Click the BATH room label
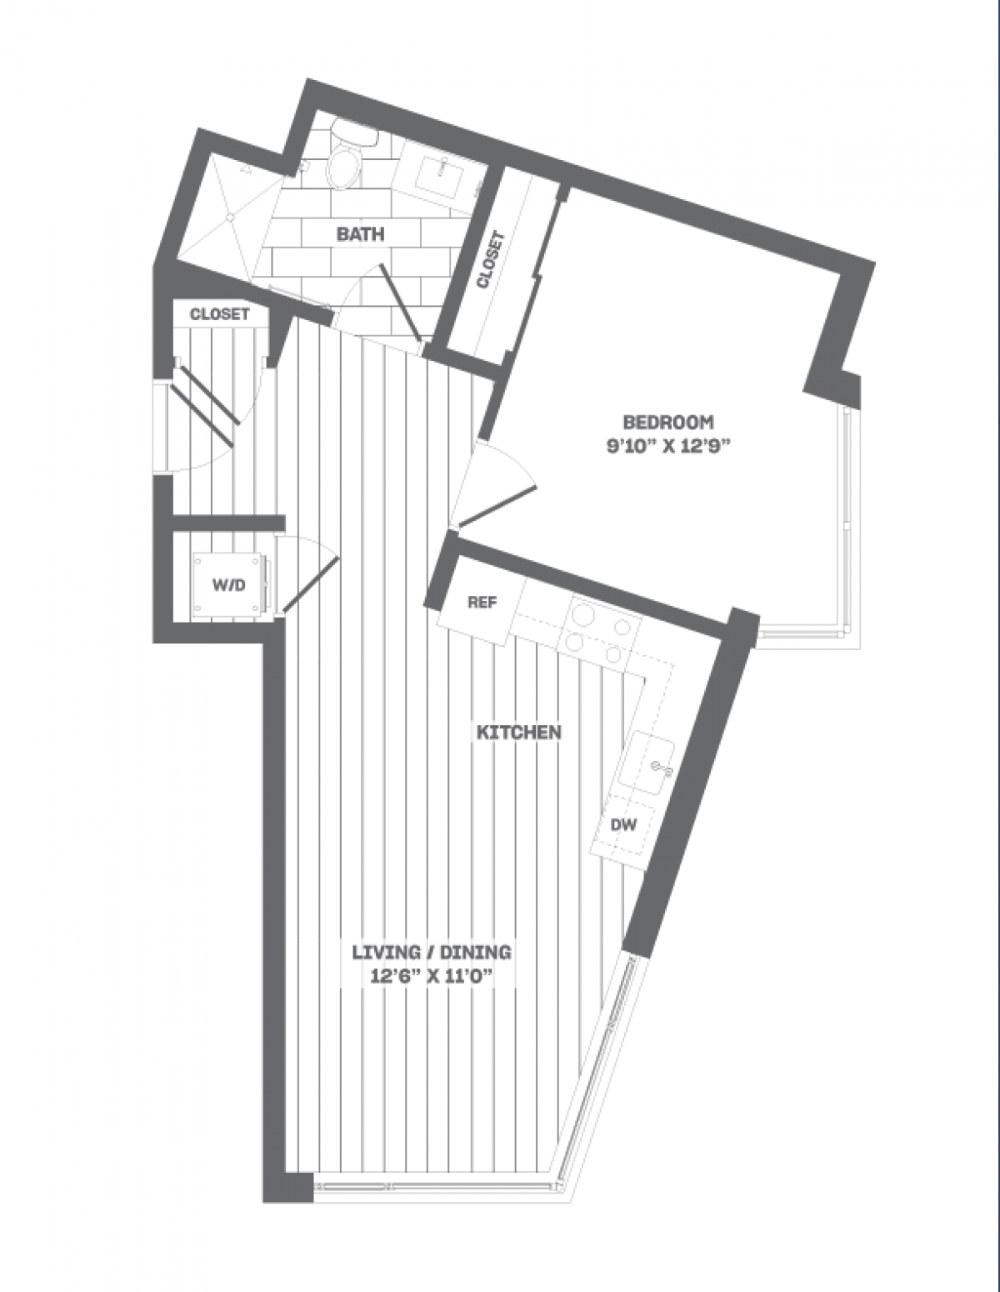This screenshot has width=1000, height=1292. point(360,233)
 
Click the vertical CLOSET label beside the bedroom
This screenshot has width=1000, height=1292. point(490,259)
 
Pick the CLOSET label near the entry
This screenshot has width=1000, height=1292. point(219,314)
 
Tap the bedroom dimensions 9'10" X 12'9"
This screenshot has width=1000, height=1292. point(672,443)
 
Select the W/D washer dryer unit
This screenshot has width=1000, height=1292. point(228,585)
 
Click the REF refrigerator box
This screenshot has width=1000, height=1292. point(481,603)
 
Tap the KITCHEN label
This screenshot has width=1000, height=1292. point(518,733)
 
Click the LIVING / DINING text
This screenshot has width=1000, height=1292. point(430,951)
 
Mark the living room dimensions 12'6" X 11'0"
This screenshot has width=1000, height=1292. point(430,975)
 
